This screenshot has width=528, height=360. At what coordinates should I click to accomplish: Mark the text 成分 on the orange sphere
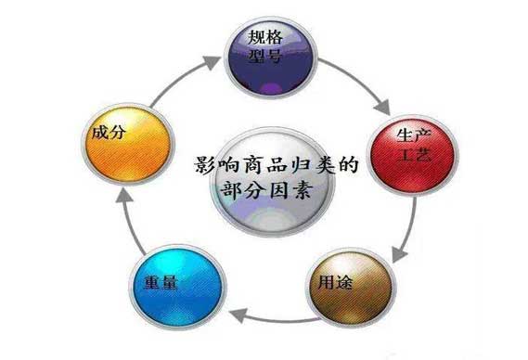(x=105, y=133)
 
